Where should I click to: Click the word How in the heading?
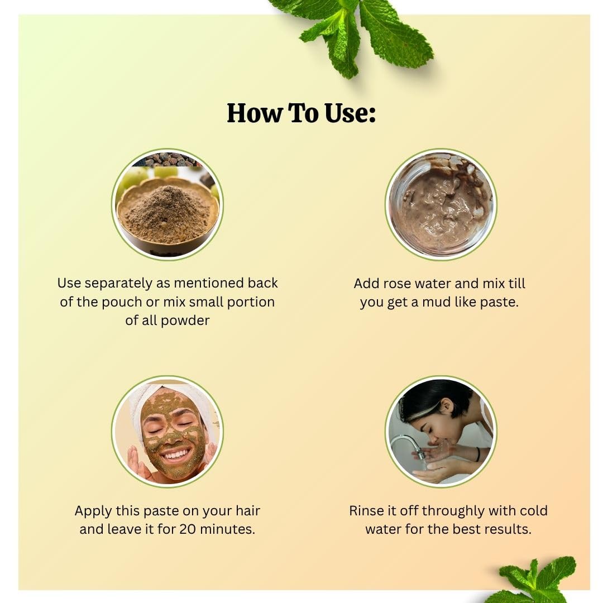pyautogui.click(x=254, y=113)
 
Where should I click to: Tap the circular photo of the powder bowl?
pyautogui.click(x=167, y=204)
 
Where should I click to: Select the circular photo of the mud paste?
pyautogui.click(x=441, y=204)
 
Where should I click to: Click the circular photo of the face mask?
pyautogui.click(x=167, y=432)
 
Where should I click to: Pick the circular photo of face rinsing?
pyautogui.click(x=441, y=432)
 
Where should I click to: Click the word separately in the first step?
pyautogui.click(x=118, y=284)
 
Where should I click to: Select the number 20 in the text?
pyautogui.click(x=188, y=529)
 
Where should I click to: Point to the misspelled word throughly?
pyautogui.click(x=453, y=511)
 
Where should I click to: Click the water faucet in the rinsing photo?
pyautogui.click(x=408, y=446)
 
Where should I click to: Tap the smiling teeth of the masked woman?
pyautogui.click(x=175, y=456)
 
